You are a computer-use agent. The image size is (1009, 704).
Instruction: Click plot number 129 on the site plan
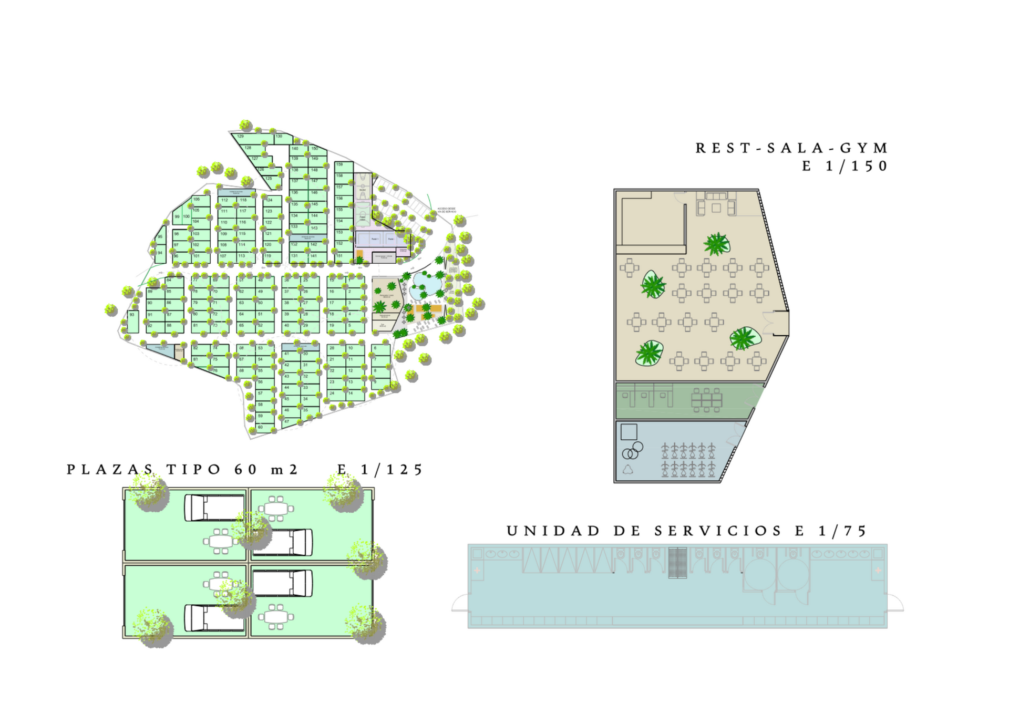241,137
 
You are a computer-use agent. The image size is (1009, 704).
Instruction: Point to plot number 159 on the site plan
340,165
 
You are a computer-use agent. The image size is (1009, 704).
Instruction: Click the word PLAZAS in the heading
110,469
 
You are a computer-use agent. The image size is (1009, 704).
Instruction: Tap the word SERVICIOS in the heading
718,531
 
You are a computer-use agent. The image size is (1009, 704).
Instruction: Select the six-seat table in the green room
707,400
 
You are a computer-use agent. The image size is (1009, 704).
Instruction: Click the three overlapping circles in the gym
632,451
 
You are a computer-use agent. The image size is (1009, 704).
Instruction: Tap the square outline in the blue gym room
629,432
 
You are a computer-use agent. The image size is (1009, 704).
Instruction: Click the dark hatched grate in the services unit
677,563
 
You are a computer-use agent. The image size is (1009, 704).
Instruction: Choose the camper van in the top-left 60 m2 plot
214,508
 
